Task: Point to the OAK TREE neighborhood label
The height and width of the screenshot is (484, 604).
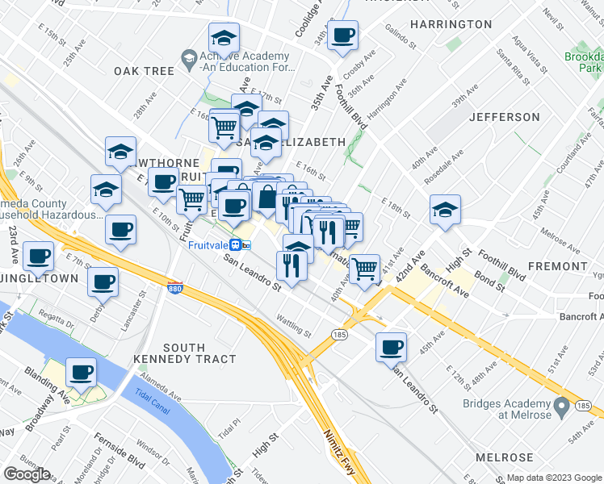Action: coord(144,71)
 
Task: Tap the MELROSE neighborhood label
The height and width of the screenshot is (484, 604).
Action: coord(504,457)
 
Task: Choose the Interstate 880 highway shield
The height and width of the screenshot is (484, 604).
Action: coord(177,286)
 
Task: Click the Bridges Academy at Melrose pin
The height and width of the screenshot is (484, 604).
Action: coord(562,403)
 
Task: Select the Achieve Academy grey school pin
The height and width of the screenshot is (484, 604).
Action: coord(188,58)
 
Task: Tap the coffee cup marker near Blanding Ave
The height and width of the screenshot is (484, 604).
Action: coord(81,372)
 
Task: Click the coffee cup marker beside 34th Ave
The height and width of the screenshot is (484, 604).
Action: coord(342,35)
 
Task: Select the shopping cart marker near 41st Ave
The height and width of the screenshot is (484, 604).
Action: coord(365,265)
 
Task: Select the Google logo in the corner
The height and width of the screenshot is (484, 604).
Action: coord(27,474)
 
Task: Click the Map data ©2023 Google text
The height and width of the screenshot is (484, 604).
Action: coord(554,478)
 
